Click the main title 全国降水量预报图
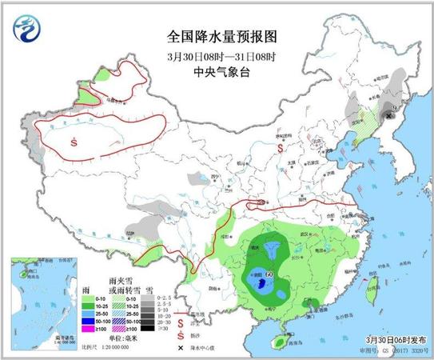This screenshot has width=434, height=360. [217, 36]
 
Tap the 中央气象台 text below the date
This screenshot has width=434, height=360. [217, 71]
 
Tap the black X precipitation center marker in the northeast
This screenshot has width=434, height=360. [389, 116]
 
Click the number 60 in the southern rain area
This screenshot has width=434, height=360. [269, 274]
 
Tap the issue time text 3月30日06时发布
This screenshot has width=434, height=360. [385, 339]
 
